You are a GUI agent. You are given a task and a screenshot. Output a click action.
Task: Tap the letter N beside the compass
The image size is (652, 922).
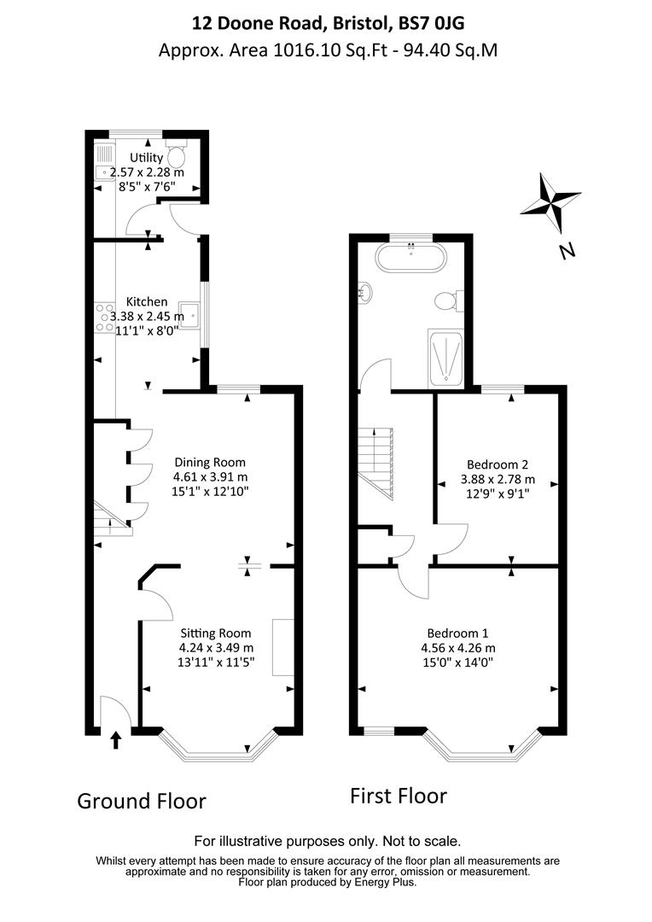coord(566,250)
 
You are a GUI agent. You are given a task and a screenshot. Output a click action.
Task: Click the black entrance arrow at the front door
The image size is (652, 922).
coord(116,738)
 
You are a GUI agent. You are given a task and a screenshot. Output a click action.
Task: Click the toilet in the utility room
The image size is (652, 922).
coord(177,155)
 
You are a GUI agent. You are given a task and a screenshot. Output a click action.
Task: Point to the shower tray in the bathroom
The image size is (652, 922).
coord(445,359)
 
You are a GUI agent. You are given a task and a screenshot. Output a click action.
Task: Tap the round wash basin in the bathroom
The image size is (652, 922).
coord(366,293)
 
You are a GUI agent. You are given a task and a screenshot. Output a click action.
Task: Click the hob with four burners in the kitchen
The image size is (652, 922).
coord(105,317)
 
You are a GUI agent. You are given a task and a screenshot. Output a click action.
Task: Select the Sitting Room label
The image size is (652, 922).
coord(215,633)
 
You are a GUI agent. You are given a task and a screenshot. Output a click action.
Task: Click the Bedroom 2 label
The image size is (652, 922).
coord(495,465)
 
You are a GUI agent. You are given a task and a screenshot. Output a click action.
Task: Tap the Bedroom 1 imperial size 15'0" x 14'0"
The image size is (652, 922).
coord(459,662)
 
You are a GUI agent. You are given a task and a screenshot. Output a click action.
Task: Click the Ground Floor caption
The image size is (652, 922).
coord(142,802)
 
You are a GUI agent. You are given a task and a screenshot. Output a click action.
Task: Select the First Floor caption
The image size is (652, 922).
coord(399,797)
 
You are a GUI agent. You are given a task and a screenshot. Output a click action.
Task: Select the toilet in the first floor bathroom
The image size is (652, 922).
coord(445,301)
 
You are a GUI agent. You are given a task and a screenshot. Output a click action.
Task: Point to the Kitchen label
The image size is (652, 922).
coord(147,302)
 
